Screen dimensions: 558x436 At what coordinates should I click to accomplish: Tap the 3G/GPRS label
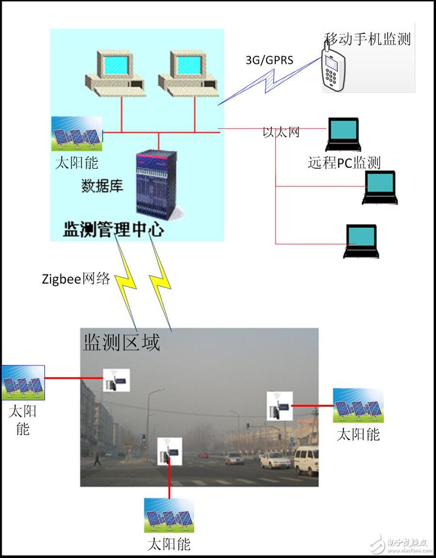[x=269, y=60]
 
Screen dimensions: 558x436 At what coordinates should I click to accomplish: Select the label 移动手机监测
[x=368, y=39]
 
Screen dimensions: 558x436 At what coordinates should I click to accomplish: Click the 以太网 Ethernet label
[x=281, y=132]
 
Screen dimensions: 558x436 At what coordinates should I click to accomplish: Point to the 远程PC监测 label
[x=344, y=162]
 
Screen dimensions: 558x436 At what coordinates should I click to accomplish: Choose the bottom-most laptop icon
[x=361, y=241]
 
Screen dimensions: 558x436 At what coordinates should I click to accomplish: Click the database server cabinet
[x=156, y=184]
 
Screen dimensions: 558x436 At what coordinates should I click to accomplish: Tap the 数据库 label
[x=102, y=186]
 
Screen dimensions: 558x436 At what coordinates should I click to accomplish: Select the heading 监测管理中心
[x=113, y=229]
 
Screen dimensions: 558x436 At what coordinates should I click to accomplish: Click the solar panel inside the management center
[x=77, y=134]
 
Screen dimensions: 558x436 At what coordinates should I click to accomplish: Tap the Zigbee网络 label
[x=76, y=279]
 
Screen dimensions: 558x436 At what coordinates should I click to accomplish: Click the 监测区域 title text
[x=122, y=343]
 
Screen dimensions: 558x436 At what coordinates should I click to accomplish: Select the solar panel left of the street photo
[x=23, y=382]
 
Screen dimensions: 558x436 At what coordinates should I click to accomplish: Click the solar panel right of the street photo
[x=358, y=405]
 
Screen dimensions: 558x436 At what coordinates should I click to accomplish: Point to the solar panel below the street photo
[x=169, y=515]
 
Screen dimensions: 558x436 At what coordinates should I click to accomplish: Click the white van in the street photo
[x=306, y=461]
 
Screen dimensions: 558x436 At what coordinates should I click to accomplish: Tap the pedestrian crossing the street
[x=97, y=459]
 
